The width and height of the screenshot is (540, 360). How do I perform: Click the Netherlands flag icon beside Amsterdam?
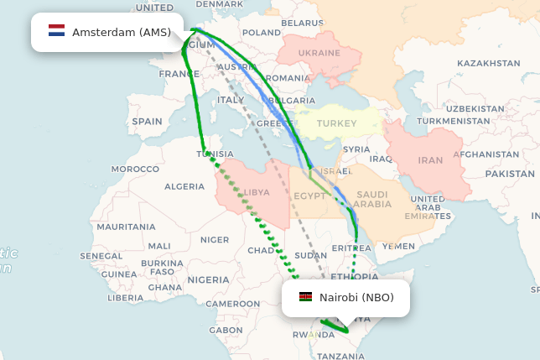click(x=56, y=32)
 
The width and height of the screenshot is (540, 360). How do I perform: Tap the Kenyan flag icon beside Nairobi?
click(x=305, y=298)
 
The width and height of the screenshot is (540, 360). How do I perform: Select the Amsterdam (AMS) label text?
click(x=122, y=33)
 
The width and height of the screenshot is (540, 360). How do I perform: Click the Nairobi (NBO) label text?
click(x=356, y=298)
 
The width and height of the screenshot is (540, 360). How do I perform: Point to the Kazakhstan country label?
click(x=488, y=63)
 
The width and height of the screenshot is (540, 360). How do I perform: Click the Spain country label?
click(x=147, y=122)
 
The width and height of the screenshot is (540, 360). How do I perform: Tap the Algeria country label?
click(x=184, y=186)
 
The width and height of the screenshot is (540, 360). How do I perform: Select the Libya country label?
click(x=257, y=192)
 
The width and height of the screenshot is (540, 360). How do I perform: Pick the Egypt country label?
click(x=310, y=196)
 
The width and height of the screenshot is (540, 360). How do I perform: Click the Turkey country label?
click(x=336, y=123)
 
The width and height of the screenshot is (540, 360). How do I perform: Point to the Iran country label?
click(x=430, y=160)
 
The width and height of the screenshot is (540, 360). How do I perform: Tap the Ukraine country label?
click(x=320, y=53)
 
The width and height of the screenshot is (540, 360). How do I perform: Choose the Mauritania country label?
click(x=126, y=227)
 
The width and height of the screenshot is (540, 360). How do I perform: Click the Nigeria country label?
click(x=208, y=279)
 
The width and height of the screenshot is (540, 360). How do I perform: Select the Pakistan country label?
click(x=509, y=174)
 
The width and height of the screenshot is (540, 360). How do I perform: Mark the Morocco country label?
click(x=135, y=169)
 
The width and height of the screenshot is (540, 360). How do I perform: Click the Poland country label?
click(x=262, y=33)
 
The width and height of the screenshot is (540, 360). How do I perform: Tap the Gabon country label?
click(x=226, y=330)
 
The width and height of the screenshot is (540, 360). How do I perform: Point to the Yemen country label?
click(x=398, y=246)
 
